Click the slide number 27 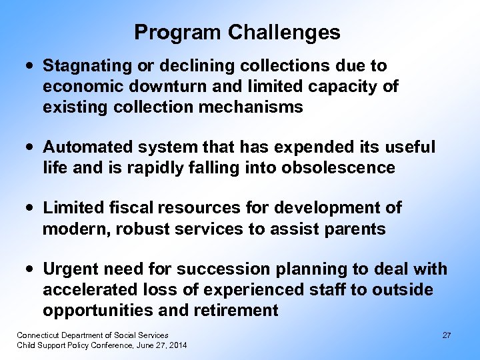447,335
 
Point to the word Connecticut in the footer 39,335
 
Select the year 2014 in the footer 177,345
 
